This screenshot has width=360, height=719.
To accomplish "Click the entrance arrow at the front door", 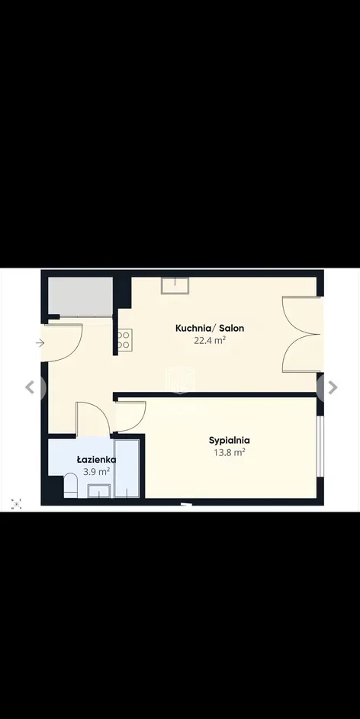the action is [40, 342].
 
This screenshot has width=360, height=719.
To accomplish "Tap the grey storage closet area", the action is [81, 297].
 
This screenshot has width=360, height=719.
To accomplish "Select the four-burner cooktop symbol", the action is [125, 340].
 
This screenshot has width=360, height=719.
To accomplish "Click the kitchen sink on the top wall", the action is [175, 286].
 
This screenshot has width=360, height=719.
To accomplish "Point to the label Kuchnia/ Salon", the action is [210, 329].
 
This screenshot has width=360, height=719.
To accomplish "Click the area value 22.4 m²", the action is [210, 340].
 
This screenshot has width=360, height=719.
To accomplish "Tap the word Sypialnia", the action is [230, 440].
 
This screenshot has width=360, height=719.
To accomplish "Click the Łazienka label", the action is [96, 460].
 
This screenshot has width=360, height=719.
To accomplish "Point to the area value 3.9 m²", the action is [96, 472].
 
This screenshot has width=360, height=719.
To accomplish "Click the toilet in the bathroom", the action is [71, 485].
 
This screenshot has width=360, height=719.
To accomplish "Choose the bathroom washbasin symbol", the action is [99, 491].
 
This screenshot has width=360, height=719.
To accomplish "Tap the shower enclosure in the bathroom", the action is [127, 469].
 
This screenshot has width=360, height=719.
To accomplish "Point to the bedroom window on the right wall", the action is [320, 447].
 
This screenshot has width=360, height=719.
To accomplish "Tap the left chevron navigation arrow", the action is [31, 387].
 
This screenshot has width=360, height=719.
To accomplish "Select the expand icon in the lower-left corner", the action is [16, 504].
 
